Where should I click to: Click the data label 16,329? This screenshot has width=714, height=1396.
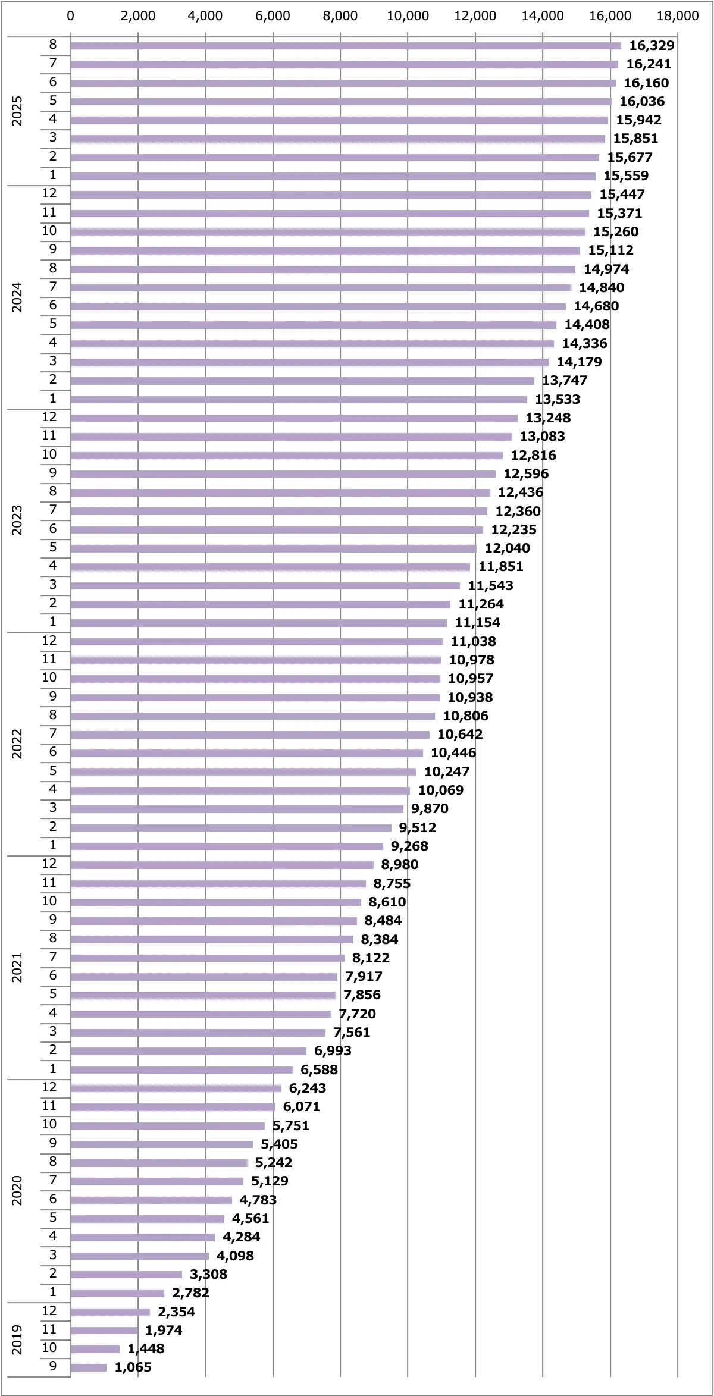point(652,46)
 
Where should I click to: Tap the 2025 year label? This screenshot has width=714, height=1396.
point(17,111)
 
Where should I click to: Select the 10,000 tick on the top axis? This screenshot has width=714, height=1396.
point(408,16)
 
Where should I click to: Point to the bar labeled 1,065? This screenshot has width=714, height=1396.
point(89,1367)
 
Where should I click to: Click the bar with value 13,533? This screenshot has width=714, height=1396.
point(299,400)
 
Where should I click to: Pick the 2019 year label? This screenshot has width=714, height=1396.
point(17,1339)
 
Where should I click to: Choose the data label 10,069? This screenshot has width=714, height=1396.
point(440,790)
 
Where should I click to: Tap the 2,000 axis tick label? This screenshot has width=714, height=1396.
point(137,16)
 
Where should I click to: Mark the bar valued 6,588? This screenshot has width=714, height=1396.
point(181,1070)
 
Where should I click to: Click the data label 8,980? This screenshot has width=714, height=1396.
point(399,864)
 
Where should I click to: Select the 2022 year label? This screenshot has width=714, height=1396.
point(17,744)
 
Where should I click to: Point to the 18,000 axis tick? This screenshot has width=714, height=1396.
point(677,16)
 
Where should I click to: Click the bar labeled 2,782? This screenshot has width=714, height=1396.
point(117,1293)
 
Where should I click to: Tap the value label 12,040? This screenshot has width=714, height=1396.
point(507,548)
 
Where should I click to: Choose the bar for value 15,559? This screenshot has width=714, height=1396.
point(333,176)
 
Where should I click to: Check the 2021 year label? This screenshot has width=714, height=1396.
point(17,967)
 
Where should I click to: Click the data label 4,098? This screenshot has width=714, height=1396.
point(235,1256)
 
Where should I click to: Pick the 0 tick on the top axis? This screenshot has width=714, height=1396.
point(71,16)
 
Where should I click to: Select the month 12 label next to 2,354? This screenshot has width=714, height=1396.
point(49,1311)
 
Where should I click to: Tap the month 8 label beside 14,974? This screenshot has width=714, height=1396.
point(53,268)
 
